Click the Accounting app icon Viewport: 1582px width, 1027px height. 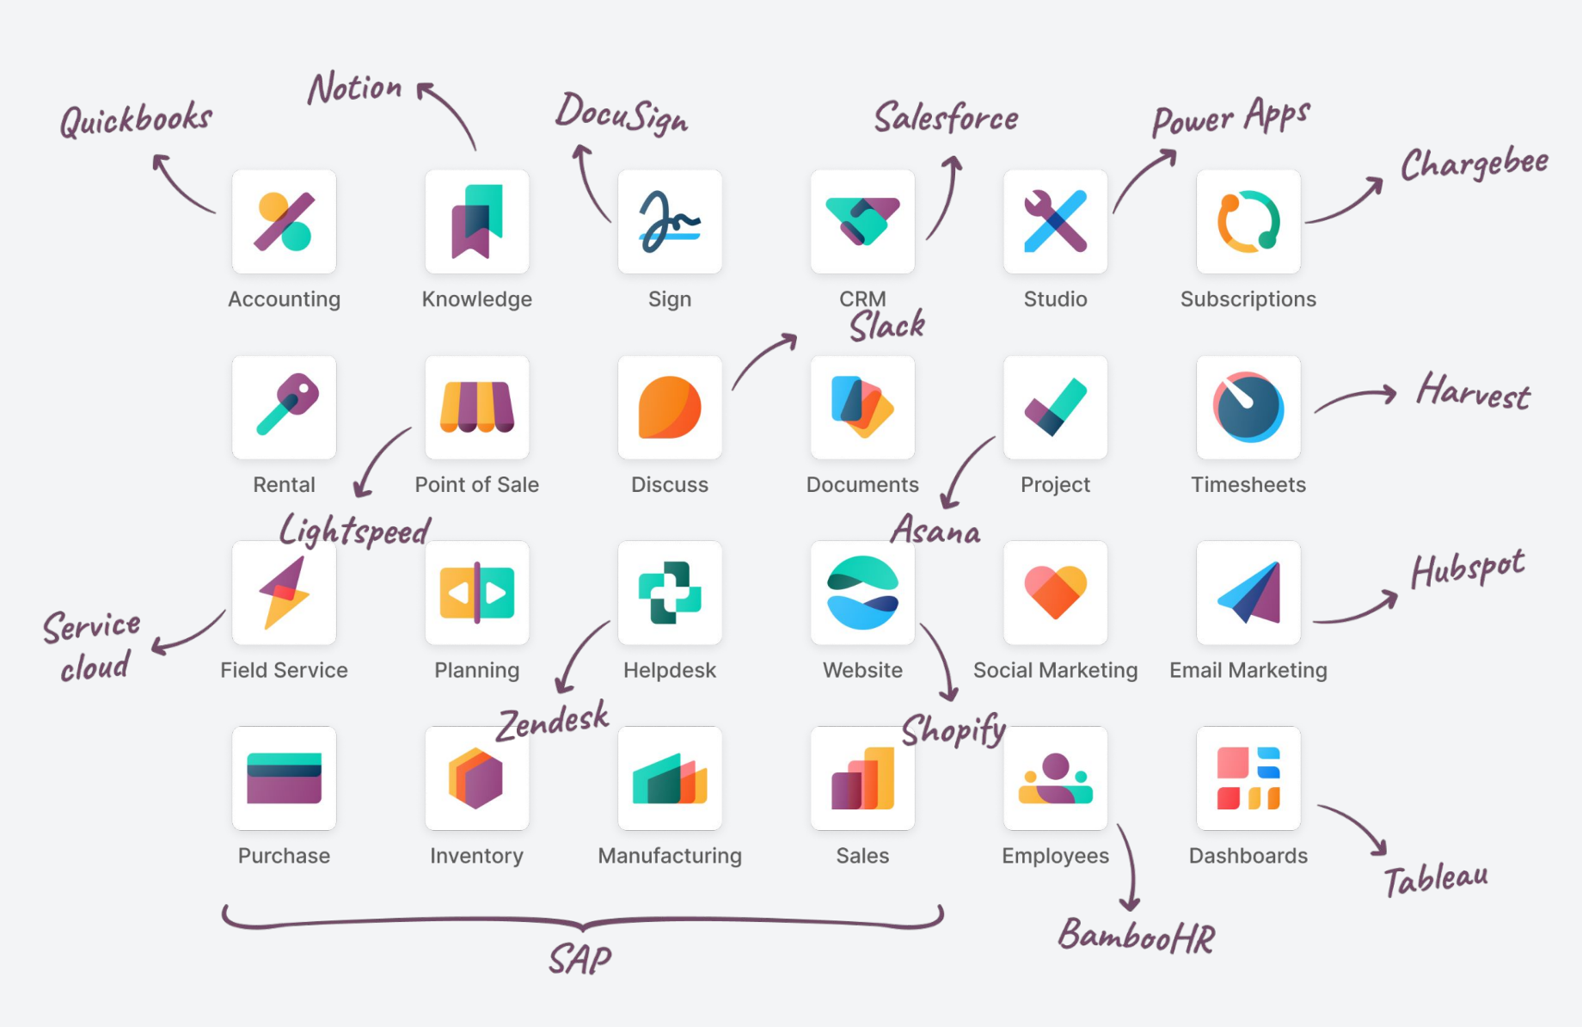(284, 221)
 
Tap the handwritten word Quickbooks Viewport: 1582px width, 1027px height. (136, 120)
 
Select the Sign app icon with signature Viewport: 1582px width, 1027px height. (669, 221)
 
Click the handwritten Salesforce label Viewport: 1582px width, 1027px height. (946, 118)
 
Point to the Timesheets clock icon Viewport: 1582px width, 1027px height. (1248, 407)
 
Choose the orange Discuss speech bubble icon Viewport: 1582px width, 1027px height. (669, 407)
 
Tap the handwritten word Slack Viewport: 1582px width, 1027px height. (887, 326)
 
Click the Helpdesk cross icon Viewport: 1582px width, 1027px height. (669, 593)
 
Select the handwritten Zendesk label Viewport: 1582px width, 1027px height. (553, 721)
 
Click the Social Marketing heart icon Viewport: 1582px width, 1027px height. (1055, 593)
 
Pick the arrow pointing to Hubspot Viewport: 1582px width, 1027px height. (1356, 609)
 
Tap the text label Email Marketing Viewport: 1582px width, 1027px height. (1248, 670)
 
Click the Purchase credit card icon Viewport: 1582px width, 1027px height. (284, 778)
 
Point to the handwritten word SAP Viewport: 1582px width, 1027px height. (580, 959)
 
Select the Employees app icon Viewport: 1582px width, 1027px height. (1055, 778)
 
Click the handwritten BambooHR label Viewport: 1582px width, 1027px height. (1136, 937)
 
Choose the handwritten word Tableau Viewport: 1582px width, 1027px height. (1435, 879)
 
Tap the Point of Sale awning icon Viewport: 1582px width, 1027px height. (476, 407)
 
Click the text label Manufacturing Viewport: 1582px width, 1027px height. (669, 856)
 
